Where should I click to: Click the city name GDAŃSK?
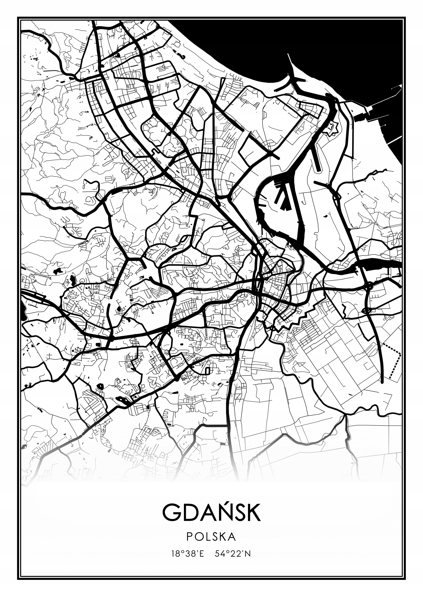point(211,512)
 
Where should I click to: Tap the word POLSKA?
point(211,537)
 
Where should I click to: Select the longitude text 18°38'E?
point(187,554)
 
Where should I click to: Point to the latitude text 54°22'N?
point(233,554)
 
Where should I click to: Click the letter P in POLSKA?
point(190,537)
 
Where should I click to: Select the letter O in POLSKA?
point(199,537)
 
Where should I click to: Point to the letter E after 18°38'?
point(201,554)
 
